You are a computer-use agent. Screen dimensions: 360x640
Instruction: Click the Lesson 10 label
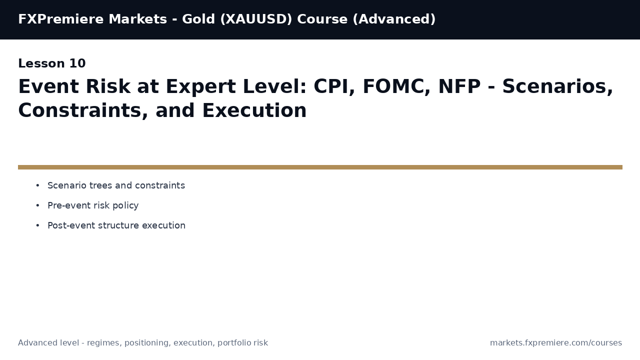coord(52,64)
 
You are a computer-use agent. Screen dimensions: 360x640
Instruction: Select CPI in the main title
coord(332,87)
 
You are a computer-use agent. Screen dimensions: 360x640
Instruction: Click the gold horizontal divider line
coord(320,167)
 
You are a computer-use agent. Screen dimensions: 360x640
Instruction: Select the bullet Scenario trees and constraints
coord(116,185)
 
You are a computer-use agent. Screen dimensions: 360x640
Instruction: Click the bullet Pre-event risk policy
coord(93,205)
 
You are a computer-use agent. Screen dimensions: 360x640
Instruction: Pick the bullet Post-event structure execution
coord(116,225)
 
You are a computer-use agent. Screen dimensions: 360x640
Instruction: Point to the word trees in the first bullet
coord(100,185)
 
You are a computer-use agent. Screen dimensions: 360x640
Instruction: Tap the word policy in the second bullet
coord(126,205)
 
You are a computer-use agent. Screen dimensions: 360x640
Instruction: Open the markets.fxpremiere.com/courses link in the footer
coord(555,343)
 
